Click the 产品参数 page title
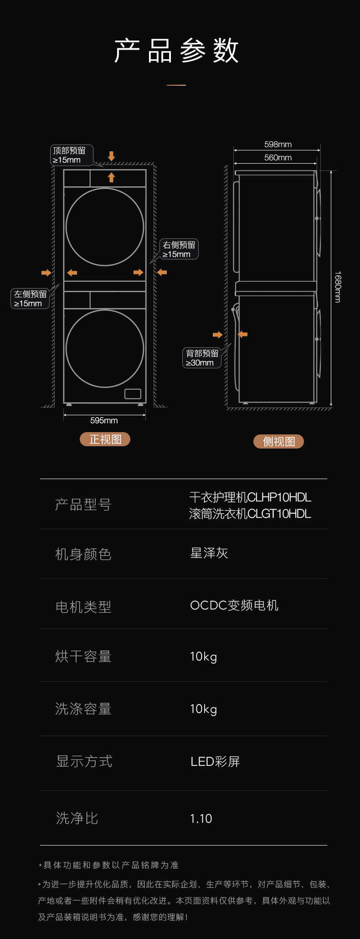tap(176, 50)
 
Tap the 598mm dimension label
tap(278, 144)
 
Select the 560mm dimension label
tap(278, 158)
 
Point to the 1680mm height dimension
tap(337, 287)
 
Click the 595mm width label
tap(104, 420)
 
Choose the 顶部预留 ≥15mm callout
tap(71, 155)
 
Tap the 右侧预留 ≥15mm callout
tap(179, 249)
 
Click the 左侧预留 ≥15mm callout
tap(30, 299)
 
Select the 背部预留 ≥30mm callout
tap(202, 358)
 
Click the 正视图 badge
tap(105, 439)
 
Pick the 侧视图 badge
tap(278, 441)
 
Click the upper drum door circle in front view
tap(105, 227)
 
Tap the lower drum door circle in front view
tap(105, 349)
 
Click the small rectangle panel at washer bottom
tap(133, 394)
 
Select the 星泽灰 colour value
tap(209, 553)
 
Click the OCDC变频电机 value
tap(234, 605)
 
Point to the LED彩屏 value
tap(215, 762)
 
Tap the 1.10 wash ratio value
tap(201, 819)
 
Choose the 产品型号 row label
tap(83, 505)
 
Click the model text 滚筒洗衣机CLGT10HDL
tap(250, 514)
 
